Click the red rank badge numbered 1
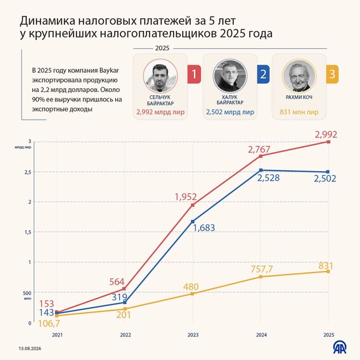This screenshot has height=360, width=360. tap(194, 74)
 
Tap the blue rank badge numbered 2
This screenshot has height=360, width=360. tap(263, 74)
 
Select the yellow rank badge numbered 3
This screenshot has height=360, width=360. tap(332, 74)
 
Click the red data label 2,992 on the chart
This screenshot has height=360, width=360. tap(326, 134)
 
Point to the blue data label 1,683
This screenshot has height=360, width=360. tap(204, 228)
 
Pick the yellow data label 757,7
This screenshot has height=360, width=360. tap(262, 269)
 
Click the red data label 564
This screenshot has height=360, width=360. tap(117, 281)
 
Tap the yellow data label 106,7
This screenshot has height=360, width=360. tap(49, 323)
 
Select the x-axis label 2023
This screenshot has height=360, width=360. tap(193, 335)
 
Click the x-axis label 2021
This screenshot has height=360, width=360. tap(57, 335)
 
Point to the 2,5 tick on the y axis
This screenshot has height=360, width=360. tap(28, 172)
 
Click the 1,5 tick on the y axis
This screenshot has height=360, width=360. tap(28, 232)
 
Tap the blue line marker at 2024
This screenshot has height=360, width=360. tap(261, 170)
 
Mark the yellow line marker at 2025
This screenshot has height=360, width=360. tap(328, 271)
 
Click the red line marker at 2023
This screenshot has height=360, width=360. tap(193, 205)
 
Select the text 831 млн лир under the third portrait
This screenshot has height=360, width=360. tap(299, 112)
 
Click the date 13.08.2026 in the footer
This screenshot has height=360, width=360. tap(30, 349)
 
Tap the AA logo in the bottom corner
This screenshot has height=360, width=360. tap(340, 347)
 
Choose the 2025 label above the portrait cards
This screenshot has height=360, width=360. tap(162, 48)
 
